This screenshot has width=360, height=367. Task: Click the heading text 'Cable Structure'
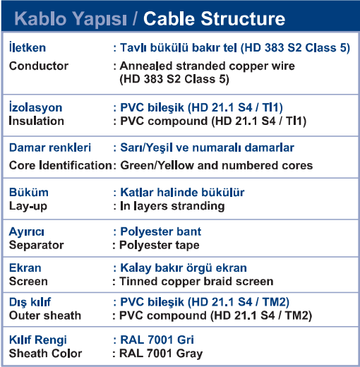coord(214,18)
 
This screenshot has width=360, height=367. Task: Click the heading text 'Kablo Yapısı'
coord(71,20)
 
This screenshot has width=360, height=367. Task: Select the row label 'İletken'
coord(28,47)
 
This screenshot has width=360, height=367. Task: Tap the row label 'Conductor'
coord(39,66)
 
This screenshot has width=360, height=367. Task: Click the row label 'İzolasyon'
coord(35,107)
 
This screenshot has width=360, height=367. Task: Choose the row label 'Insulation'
coord(37,121)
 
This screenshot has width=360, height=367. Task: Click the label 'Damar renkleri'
coord(50,148)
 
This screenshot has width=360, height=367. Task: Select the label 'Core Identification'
coord(60,165)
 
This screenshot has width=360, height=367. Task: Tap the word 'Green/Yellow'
coord(157,165)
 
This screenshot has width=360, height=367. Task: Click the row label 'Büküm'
coord(29,192)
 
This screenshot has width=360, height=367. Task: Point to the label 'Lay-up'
coord(28,206)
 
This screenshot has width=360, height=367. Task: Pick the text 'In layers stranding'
coord(172,206)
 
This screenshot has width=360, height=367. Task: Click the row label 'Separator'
coord(36,245)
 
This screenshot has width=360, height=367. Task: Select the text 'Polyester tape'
coord(160,245)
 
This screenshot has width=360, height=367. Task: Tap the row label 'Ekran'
coord(25,267)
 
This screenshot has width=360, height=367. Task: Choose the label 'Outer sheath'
coord(45,315)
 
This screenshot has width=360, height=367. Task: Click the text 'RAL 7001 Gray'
coord(161,354)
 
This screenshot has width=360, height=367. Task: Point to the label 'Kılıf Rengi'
coord(38,340)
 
